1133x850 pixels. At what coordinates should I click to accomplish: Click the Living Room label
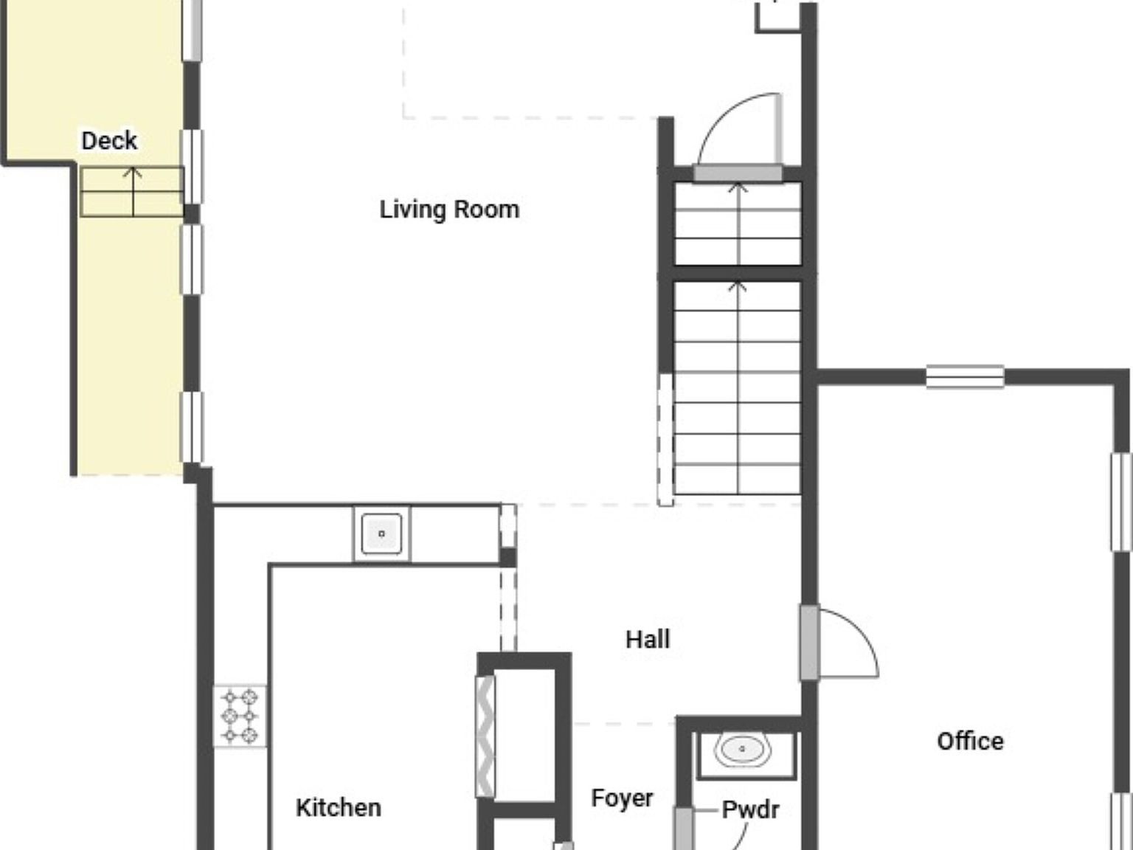pyautogui.click(x=450, y=210)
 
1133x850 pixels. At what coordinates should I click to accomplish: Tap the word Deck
pyautogui.click(x=109, y=141)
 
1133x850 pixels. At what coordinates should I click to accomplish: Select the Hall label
pyautogui.click(x=648, y=640)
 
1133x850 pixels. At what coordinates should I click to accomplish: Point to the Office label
pyautogui.click(x=971, y=742)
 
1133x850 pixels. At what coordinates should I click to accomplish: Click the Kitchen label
pyautogui.click(x=339, y=808)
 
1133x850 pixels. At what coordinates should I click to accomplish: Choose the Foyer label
pyautogui.click(x=622, y=799)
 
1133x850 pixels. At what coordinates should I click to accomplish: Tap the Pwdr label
pyautogui.click(x=750, y=810)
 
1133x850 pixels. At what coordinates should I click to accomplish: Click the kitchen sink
pyautogui.click(x=382, y=533)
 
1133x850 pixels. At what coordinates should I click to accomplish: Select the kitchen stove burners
pyautogui.click(x=240, y=716)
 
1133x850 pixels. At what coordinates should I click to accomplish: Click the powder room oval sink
pyautogui.click(x=742, y=749)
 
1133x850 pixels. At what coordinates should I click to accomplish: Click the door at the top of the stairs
pyautogui.click(x=738, y=173)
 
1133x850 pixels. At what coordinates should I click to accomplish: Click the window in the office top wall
pyautogui.click(x=966, y=377)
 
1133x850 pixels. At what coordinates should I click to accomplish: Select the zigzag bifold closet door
pyautogui.click(x=485, y=736)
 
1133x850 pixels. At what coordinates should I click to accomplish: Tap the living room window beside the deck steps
pyautogui.click(x=192, y=167)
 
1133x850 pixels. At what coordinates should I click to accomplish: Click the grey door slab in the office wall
pyautogui.click(x=809, y=643)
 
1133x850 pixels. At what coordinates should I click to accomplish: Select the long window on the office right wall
pyautogui.click(x=1120, y=502)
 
